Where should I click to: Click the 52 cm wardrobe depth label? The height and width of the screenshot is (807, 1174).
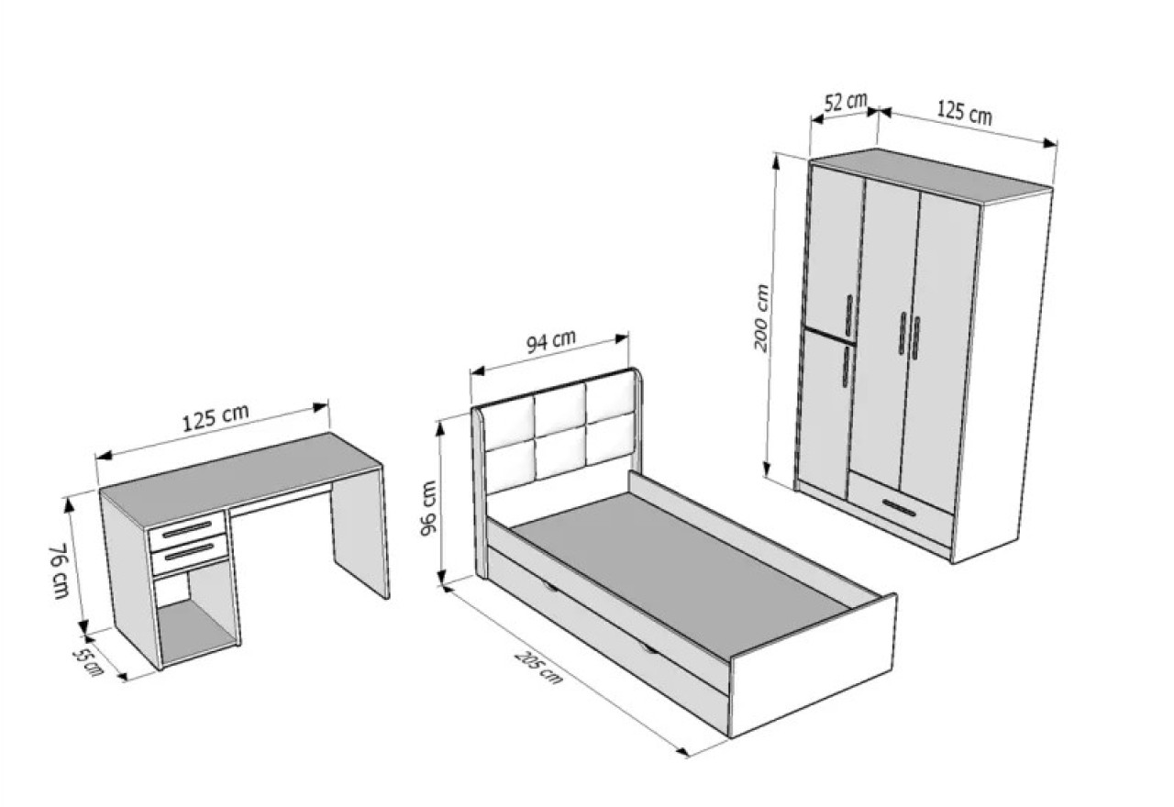tap(846, 102)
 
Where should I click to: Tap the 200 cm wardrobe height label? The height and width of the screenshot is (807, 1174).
tap(761, 318)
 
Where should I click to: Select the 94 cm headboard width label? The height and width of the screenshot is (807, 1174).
tap(551, 342)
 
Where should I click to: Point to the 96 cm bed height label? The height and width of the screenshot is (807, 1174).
tap(428, 508)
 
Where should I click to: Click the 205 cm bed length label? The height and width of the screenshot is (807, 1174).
tap(538, 667)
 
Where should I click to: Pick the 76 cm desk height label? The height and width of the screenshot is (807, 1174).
tap(60, 571)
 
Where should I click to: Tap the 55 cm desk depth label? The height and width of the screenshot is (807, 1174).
tap(87, 662)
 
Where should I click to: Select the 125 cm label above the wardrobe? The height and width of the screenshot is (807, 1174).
tap(964, 113)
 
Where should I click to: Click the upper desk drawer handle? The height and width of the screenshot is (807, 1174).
tap(187, 529)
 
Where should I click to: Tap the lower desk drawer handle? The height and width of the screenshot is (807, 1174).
tap(191, 552)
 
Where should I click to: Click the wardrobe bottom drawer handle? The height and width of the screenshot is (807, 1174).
tap(899, 508)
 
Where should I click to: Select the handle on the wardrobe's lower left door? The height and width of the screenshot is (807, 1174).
tap(846, 366)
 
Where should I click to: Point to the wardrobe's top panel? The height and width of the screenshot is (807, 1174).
tap(931, 174)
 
